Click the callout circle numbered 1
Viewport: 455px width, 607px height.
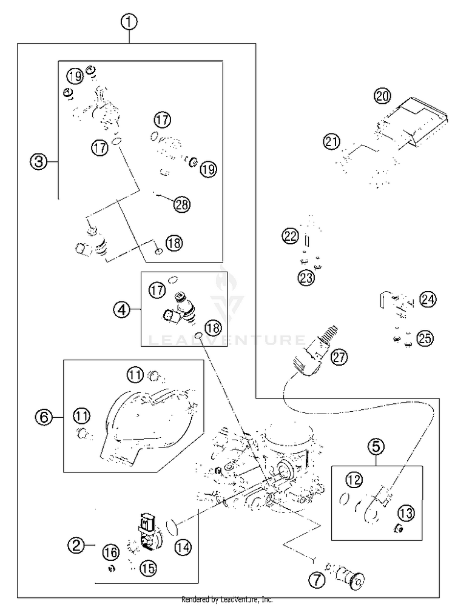click(x=129, y=22)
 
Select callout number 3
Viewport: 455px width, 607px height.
click(x=39, y=161)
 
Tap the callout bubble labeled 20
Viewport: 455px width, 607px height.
click(x=382, y=95)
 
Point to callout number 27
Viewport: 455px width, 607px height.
click(x=339, y=357)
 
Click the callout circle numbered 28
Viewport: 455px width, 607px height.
click(x=181, y=204)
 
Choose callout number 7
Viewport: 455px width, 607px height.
click(x=317, y=581)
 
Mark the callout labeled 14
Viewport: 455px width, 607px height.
click(x=183, y=547)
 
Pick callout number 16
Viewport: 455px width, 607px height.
click(x=111, y=552)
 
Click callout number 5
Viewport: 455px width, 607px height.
click(x=376, y=446)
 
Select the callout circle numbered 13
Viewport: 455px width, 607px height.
click(x=405, y=513)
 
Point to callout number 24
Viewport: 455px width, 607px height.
click(x=427, y=300)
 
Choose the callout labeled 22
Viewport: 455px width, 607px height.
click(x=290, y=236)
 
